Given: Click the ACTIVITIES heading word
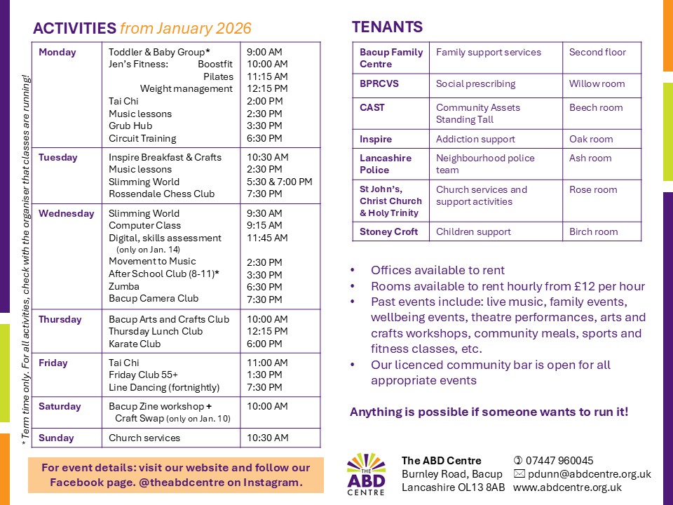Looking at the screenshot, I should (74, 29).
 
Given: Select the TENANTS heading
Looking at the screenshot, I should (387, 27).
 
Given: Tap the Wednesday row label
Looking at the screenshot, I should (67, 213).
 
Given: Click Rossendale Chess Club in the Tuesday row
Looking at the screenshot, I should (162, 194).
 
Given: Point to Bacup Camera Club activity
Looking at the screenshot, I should (154, 298).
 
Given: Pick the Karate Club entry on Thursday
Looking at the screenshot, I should (135, 344).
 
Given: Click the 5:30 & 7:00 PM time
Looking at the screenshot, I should (279, 182).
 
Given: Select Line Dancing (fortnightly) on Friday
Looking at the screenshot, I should (164, 387).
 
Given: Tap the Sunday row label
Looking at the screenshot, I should (56, 438).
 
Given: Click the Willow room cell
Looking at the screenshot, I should (597, 83).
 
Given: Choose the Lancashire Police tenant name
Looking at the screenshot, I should (386, 163).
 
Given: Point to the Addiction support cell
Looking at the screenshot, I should (475, 139).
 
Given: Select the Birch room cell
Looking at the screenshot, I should (593, 231).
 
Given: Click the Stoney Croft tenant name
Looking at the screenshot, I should (388, 231).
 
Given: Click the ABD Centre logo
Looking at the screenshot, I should (366, 474).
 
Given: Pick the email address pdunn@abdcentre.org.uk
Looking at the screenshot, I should (589, 474).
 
